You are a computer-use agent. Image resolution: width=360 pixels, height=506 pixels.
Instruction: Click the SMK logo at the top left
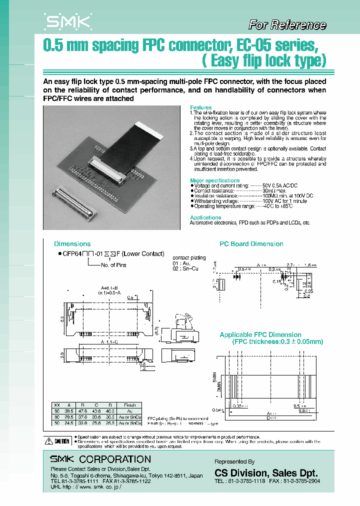pos(68,21)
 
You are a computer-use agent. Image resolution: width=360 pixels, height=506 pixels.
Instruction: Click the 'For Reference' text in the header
pos(287,25)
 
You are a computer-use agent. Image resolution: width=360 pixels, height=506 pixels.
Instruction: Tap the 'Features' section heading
pos(200,107)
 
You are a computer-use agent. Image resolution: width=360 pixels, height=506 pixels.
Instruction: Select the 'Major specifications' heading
pos(214,180)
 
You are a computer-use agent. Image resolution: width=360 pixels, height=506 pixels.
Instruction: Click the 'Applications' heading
pos(205,217)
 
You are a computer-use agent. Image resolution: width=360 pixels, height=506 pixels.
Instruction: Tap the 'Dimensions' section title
pos(72,244)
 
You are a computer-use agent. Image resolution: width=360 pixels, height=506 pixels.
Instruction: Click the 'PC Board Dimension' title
pos(251,244)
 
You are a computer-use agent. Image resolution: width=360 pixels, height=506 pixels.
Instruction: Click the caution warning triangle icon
pos(48,441)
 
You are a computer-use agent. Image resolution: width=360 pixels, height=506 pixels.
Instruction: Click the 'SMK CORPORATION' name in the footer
pos(100,459)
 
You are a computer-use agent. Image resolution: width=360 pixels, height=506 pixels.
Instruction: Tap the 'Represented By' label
pos(234,461)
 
